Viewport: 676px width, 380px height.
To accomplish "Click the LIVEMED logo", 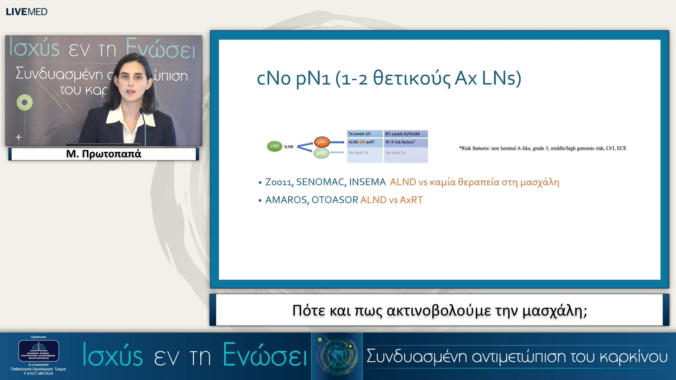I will pyautogui.click(x=26, y=12).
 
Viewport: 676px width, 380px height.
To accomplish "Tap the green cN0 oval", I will pyautogui.click(x=274, y=146).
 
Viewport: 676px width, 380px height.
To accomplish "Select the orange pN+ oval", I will pyautogui.click(x=321, y=142).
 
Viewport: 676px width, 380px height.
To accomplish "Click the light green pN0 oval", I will pyautogui.click(x=321, y=153).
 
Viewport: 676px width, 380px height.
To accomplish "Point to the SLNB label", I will pyautogui.click(x=289, y=147).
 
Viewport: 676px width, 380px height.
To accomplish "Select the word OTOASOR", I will pyautogui.click(x=334, y=200).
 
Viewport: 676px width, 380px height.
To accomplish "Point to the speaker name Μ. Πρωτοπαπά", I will pyautogui.click(x=104, y=154).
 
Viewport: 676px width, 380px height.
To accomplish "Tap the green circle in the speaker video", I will pyautogui.click(x=24, y=102).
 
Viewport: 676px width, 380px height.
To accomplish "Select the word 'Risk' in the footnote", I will pyautogui.click(x=466, y=148).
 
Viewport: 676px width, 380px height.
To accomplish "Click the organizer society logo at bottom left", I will pyautogui.click(x=38, y=351).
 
